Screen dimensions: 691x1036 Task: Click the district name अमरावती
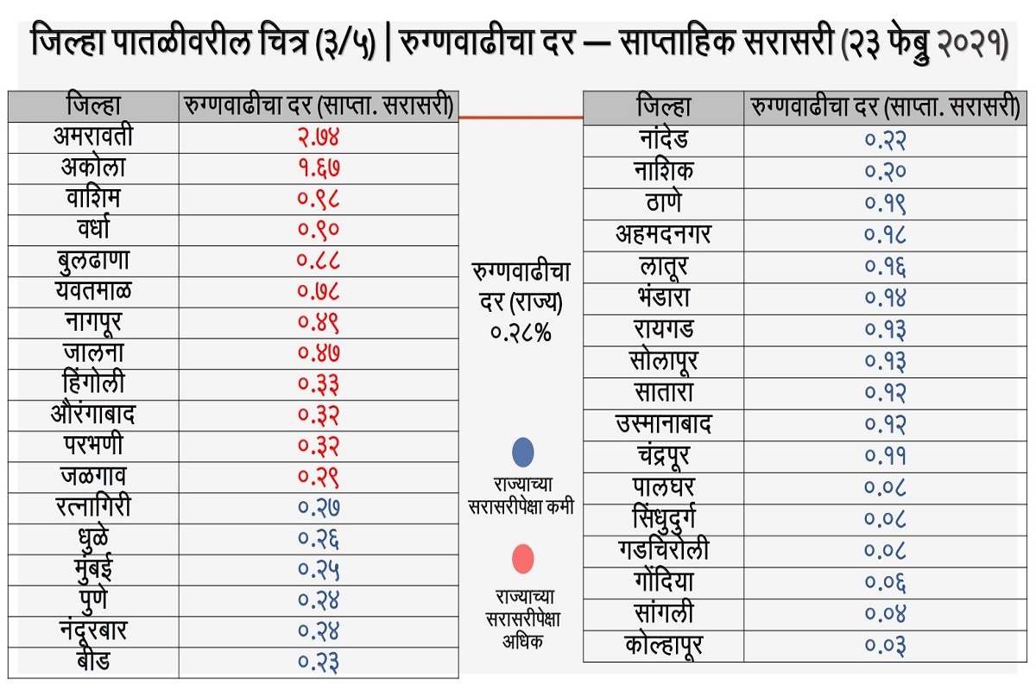93,137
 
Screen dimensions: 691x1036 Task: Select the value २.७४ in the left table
319,138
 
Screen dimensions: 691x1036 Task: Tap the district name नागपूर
93,322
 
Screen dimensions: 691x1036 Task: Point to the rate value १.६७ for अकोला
319,168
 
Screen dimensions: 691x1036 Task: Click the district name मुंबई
93,569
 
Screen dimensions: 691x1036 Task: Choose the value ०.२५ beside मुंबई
319,569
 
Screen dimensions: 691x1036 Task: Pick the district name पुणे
93,599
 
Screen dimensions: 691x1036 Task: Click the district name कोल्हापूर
663,645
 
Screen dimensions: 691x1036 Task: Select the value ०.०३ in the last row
886,645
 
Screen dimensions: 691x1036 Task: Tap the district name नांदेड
663,139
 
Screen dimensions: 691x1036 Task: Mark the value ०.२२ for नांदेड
886,139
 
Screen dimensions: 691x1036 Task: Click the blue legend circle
522,453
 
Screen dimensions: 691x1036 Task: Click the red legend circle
522,560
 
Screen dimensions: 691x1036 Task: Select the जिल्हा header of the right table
663,108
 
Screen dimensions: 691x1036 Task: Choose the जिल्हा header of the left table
93,105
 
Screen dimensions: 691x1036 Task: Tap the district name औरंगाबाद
93,415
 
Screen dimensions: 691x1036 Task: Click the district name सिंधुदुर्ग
663,518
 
